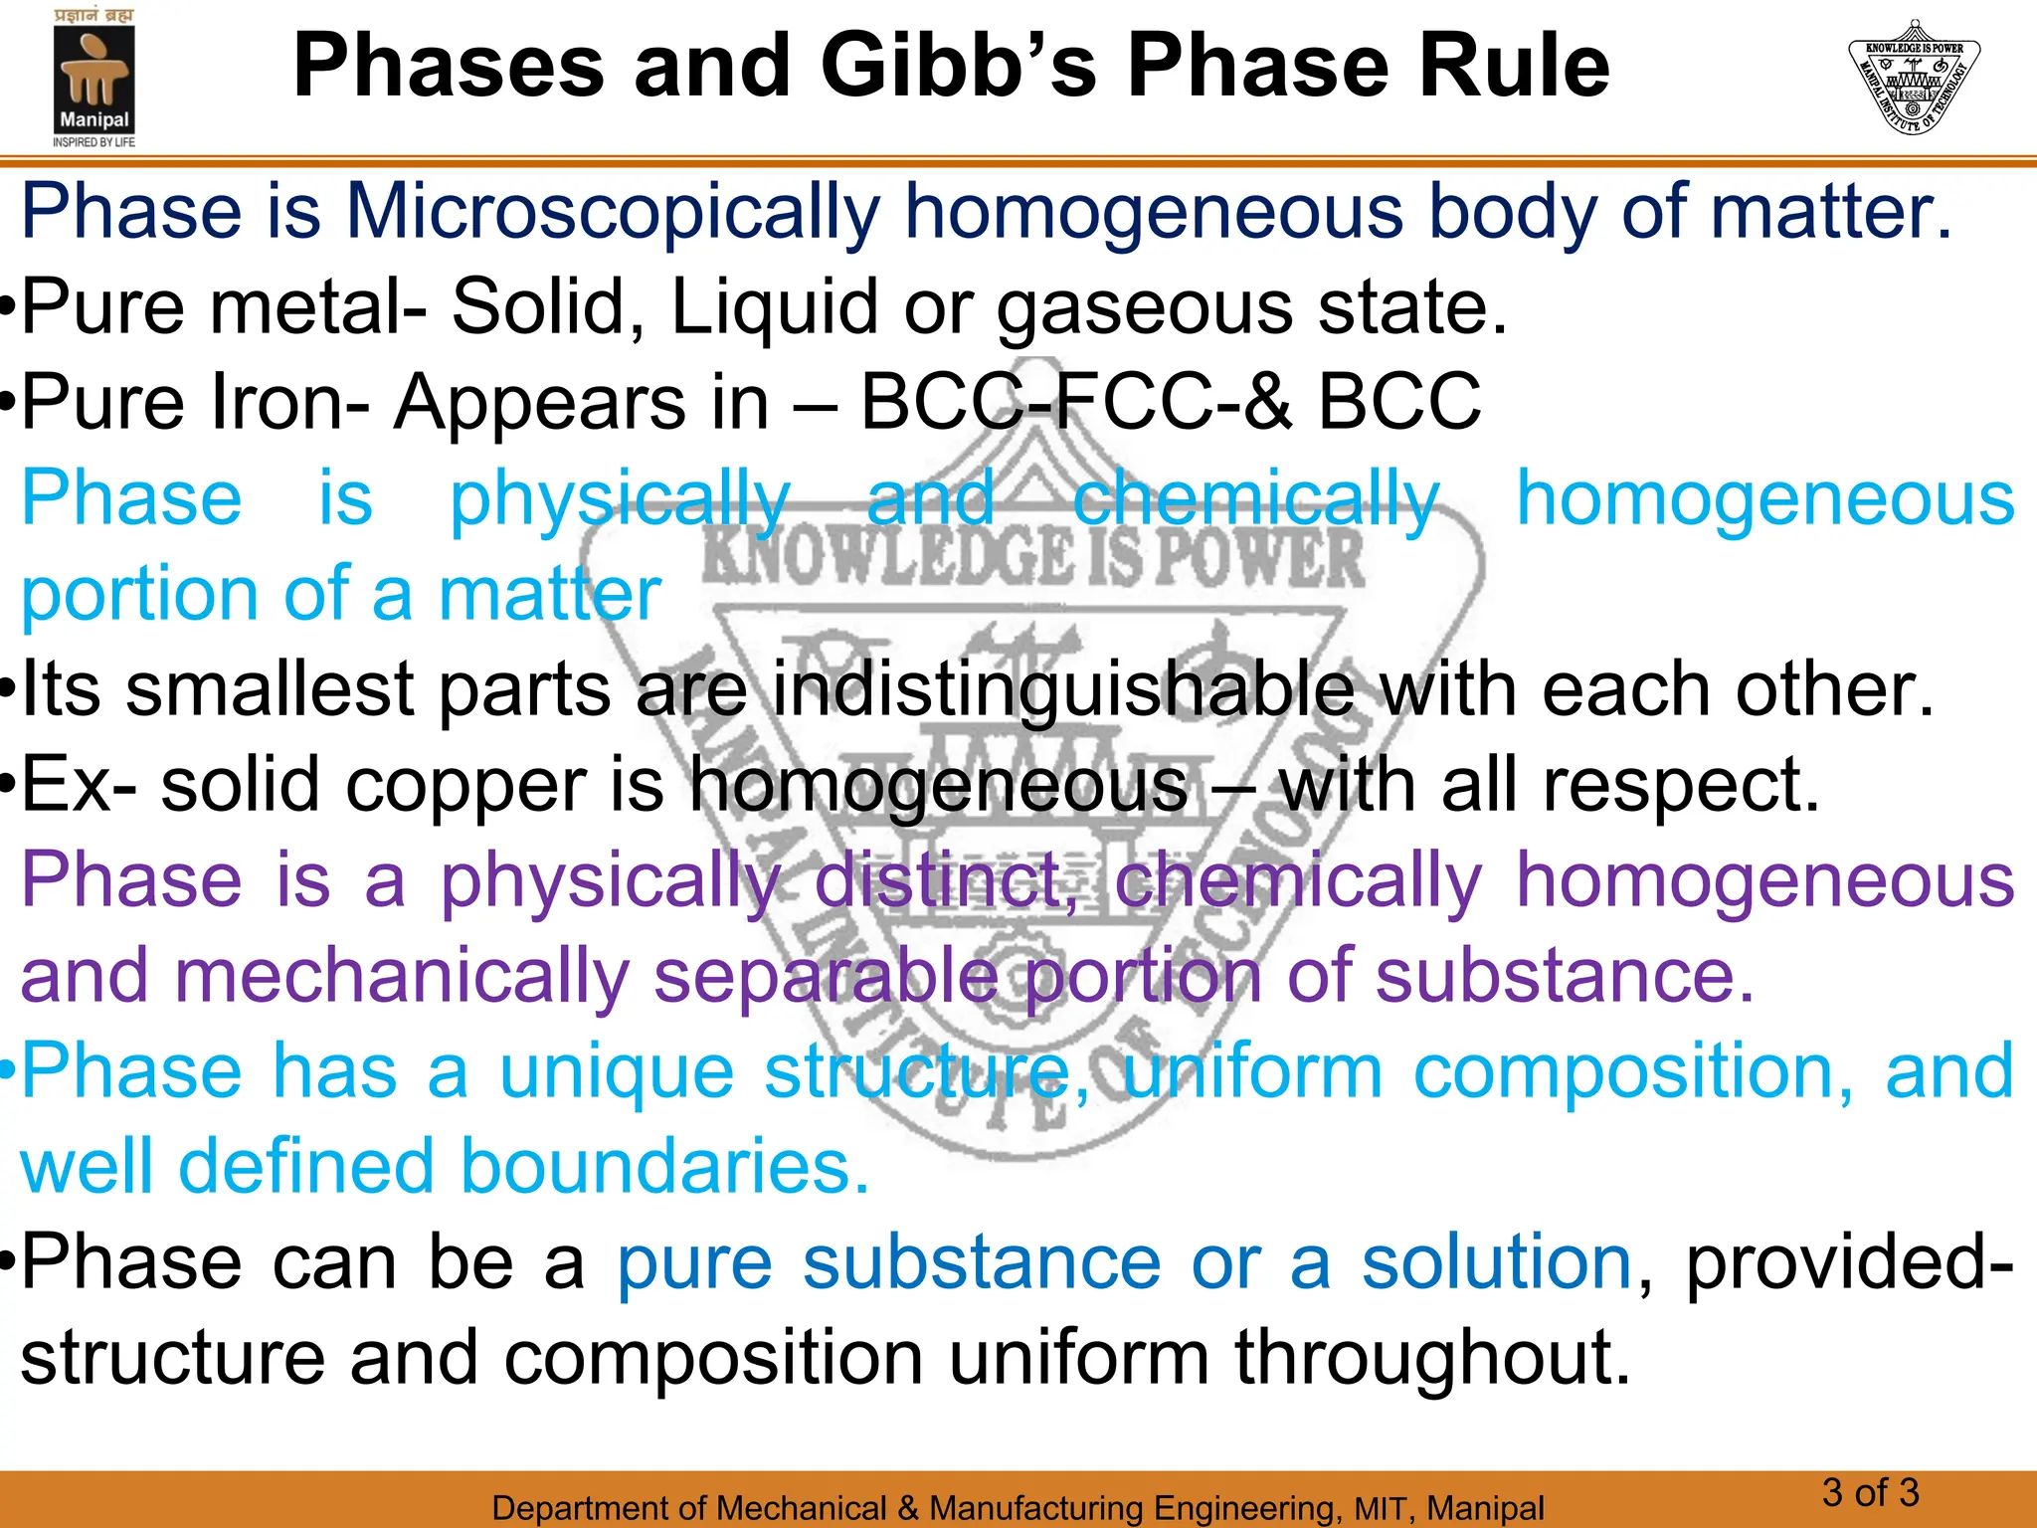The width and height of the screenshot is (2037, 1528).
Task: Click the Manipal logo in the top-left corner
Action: coord(93,80)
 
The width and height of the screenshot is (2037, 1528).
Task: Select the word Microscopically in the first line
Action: coord(613,212)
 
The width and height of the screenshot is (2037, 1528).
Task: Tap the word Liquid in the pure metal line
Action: coord(775,307)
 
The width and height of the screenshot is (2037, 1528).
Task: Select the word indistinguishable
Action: coord(1063,689)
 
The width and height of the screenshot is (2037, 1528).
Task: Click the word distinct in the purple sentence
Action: coord(945,880)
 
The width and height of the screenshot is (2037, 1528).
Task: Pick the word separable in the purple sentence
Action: coord(826,976)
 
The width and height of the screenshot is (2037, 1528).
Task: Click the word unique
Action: coord(616,1071)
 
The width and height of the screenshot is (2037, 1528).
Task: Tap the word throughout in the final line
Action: coord(1432,1358)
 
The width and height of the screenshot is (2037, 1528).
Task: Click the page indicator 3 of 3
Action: coord(1870,1492)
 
